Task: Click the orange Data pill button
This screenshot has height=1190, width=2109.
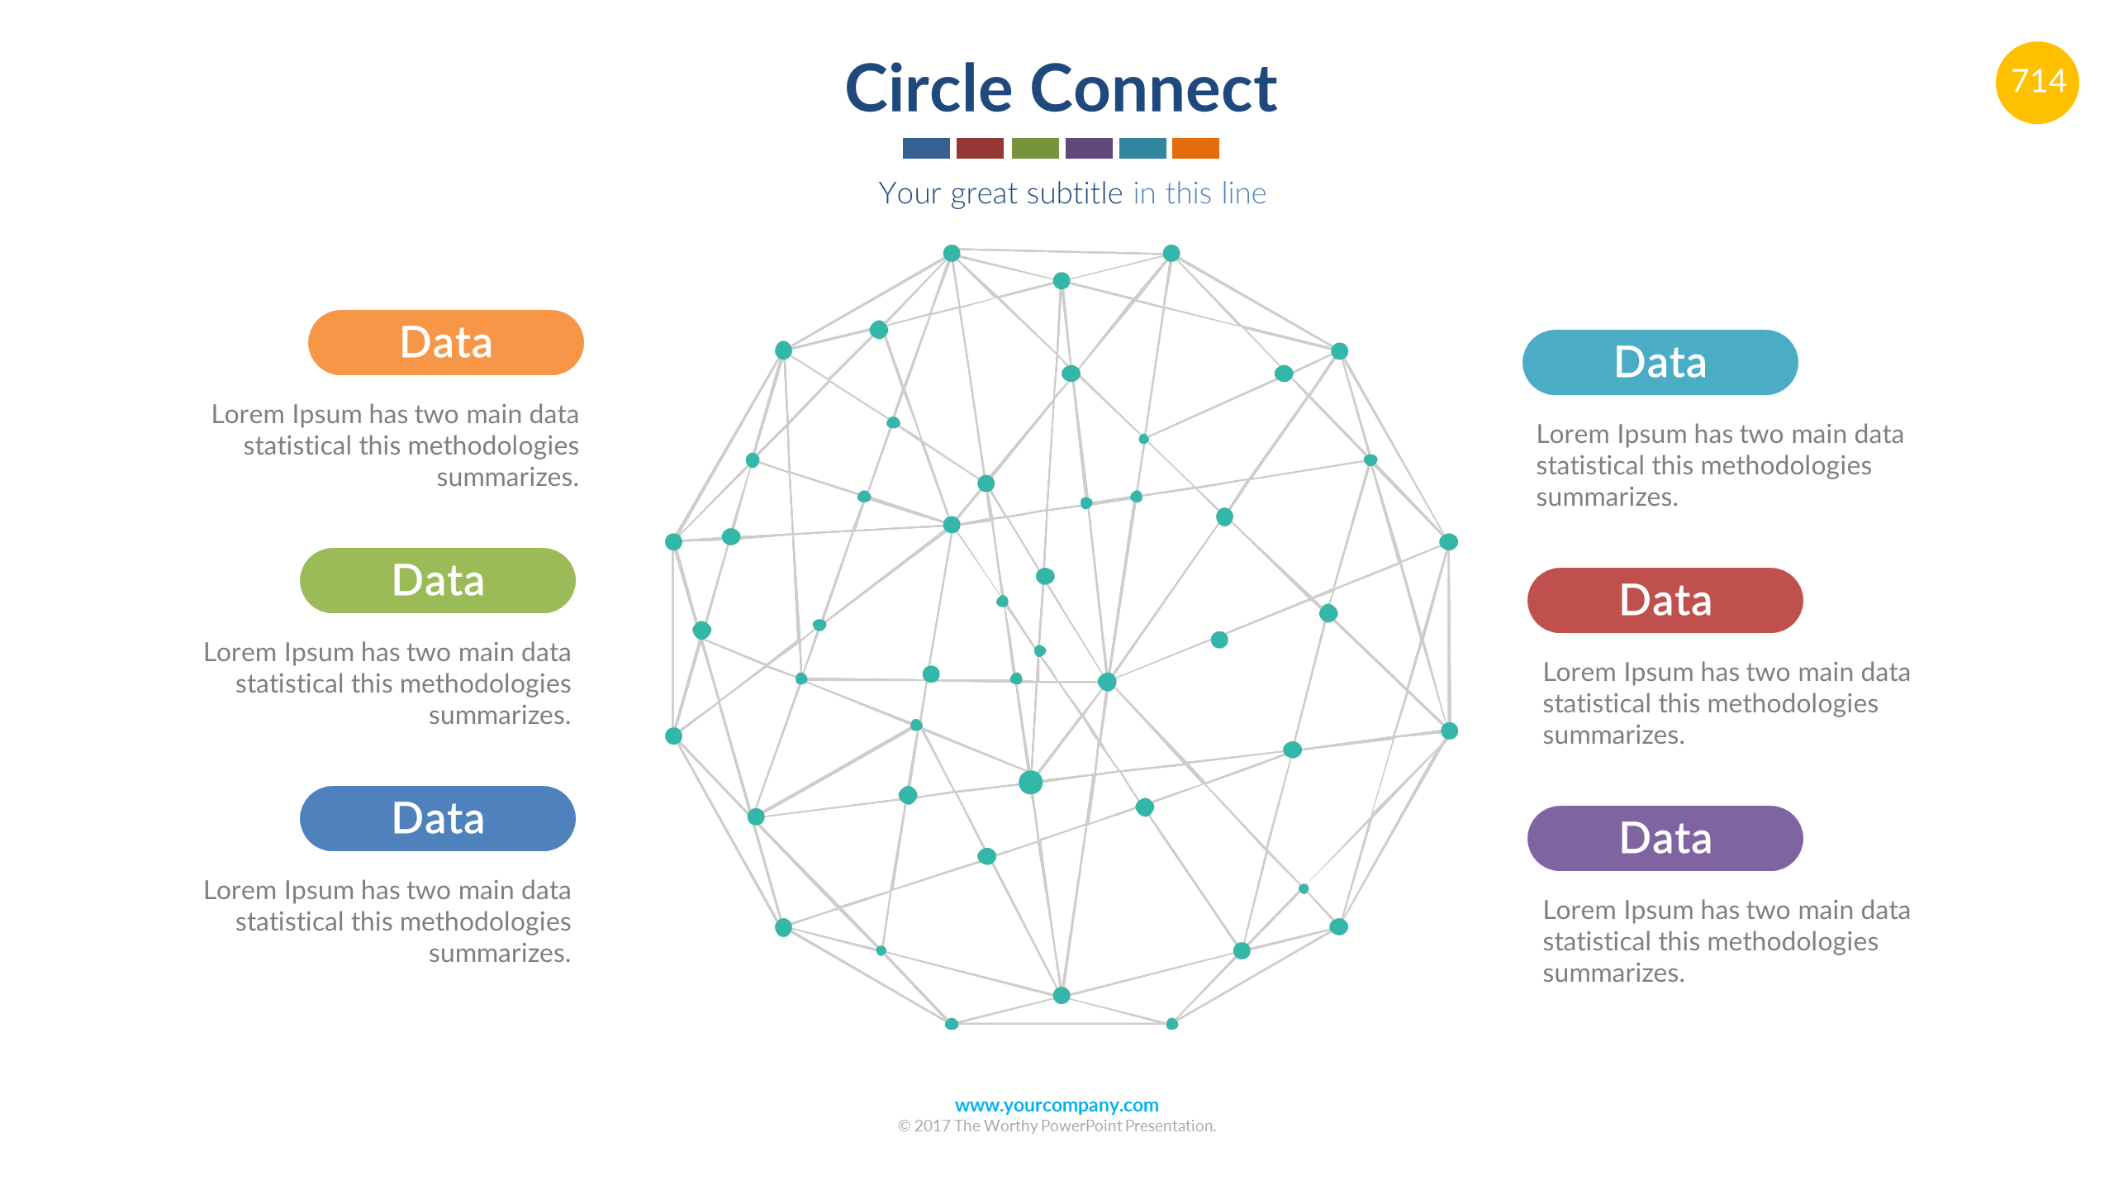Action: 445,342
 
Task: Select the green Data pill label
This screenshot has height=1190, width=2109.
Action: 437,580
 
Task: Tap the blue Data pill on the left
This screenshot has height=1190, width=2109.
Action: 437,818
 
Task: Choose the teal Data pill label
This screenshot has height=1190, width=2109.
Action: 1660,362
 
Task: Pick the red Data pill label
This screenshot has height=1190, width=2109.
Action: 1665,600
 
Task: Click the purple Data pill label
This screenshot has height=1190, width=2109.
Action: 1665,838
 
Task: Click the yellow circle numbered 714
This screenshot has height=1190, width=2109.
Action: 2037,82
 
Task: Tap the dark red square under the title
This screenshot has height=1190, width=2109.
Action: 980,148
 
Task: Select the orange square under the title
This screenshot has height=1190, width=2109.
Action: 1195,148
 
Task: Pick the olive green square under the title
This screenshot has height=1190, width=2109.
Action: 1034,148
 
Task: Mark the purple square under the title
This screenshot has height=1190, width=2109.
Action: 1088,148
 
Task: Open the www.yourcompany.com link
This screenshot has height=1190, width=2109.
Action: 1056,1105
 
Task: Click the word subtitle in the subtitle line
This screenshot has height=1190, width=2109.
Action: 1074,193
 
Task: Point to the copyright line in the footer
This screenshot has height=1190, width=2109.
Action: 1056,1126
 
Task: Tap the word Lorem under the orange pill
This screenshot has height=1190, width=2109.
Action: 245,414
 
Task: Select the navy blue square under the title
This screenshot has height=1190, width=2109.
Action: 926,148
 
